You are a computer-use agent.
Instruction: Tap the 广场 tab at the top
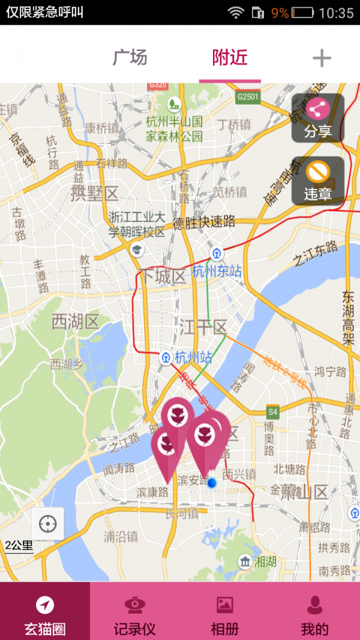[130, 58]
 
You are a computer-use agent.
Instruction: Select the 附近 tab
[230, 58]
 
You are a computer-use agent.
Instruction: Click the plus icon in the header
[322, 58]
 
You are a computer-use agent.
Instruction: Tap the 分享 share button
[317, 118]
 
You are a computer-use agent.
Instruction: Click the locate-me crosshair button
[47, 524]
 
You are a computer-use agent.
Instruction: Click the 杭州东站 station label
[217, 271]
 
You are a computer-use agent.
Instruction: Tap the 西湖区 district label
[75, 322]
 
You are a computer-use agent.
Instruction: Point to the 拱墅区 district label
[95, 193]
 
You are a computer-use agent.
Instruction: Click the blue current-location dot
[212, 482]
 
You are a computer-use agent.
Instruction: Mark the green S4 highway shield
[273, 412]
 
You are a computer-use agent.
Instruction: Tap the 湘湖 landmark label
[265, 562]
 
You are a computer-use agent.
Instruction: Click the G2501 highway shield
[247, 97]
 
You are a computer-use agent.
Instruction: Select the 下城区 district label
[163, 277]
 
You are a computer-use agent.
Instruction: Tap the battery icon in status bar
[303, 13]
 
